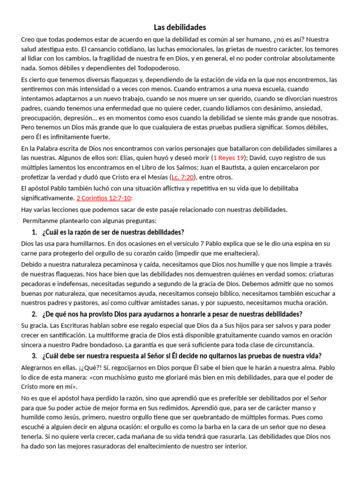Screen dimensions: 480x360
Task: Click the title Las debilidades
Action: (x=180, y=27)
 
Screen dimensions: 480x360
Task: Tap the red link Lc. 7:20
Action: (x=183, y=177)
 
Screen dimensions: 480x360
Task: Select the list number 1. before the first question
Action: (x=34, y=232)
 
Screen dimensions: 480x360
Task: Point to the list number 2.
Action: (x=34, y=314)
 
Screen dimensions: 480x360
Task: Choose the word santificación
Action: (x=69, y=335)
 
